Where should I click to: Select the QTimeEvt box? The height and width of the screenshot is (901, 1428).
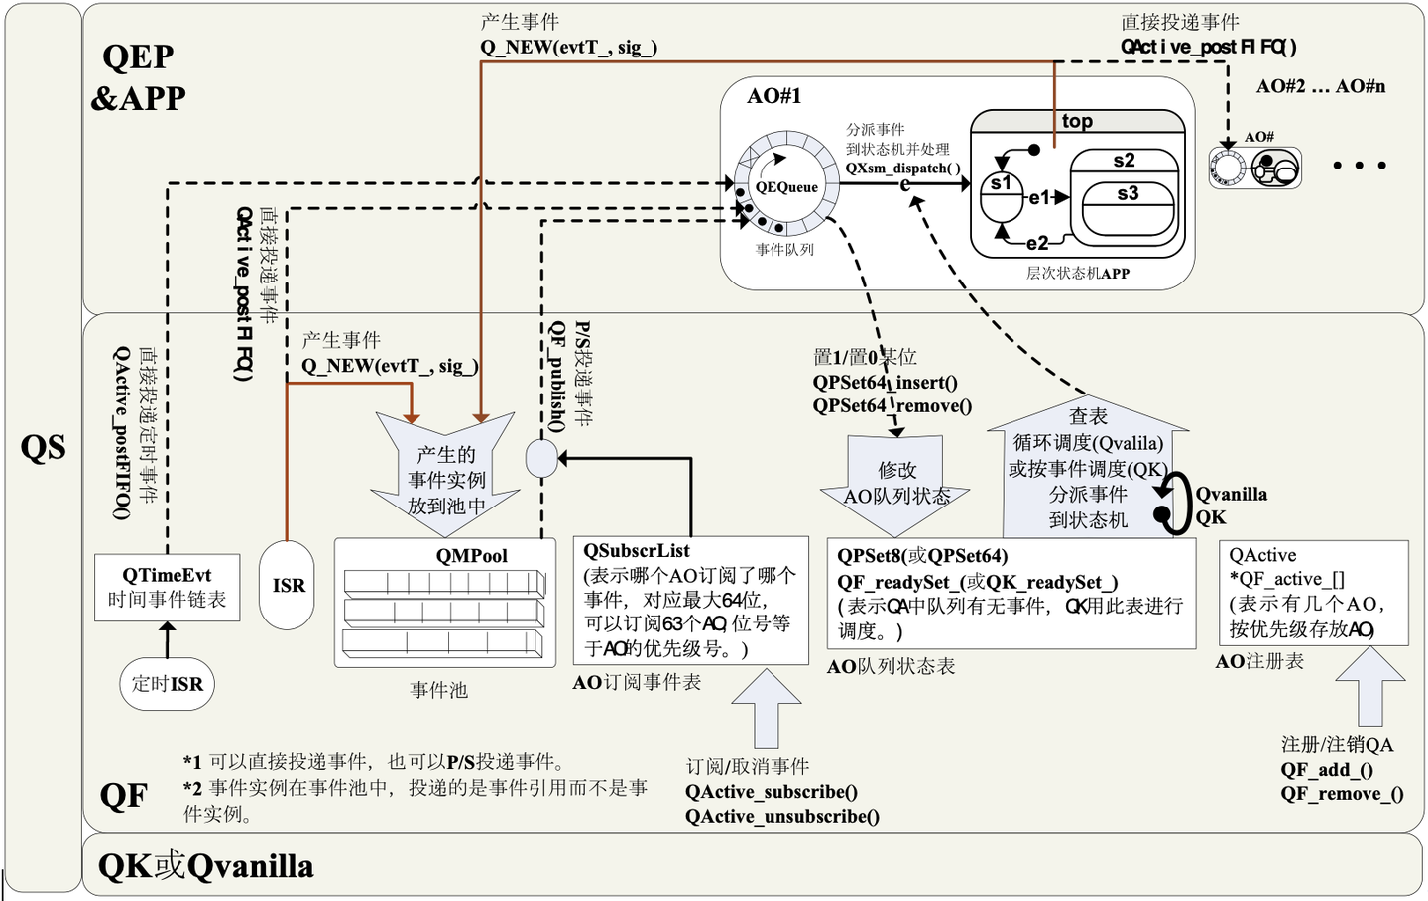[x=167, y=587]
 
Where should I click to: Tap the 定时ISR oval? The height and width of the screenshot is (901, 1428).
[x=167, y=684]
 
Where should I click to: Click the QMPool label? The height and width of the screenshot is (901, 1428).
[x=471, y=556]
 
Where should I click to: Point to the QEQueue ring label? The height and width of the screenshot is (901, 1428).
[x=786, y=187]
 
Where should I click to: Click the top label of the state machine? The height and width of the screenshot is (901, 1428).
[x=1077, y=121]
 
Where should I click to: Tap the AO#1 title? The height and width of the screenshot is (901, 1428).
[x=773, y=96]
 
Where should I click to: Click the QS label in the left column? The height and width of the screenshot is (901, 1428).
[x=44, y=448]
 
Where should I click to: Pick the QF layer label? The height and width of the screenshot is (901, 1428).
[x=124, y=796]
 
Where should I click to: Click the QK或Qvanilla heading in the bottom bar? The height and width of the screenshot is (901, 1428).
[x=205, y=866]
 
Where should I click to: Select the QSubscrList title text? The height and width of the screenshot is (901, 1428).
[x=636, y=551]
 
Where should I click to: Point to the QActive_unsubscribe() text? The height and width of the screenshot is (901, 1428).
[x=781, y=816]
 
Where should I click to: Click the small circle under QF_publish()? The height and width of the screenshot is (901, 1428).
[x=541, y=458]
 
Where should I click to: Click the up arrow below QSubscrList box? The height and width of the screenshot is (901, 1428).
[x=767, y=709]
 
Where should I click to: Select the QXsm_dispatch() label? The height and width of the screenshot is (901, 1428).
[x=902, y=169]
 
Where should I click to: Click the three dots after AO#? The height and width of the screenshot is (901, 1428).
[x=1359, y=166]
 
